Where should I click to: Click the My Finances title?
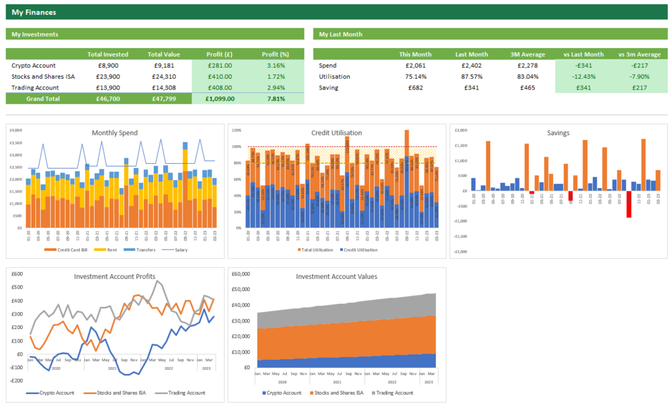34,12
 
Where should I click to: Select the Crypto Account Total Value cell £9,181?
164,66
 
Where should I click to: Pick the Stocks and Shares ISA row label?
43,76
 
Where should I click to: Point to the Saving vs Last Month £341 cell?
582,88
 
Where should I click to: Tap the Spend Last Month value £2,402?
471,66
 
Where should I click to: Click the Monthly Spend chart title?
114,132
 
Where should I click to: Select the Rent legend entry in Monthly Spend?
111,250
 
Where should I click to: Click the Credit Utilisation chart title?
336,132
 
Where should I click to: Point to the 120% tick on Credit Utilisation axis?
236,131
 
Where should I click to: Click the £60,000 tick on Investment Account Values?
241,274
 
